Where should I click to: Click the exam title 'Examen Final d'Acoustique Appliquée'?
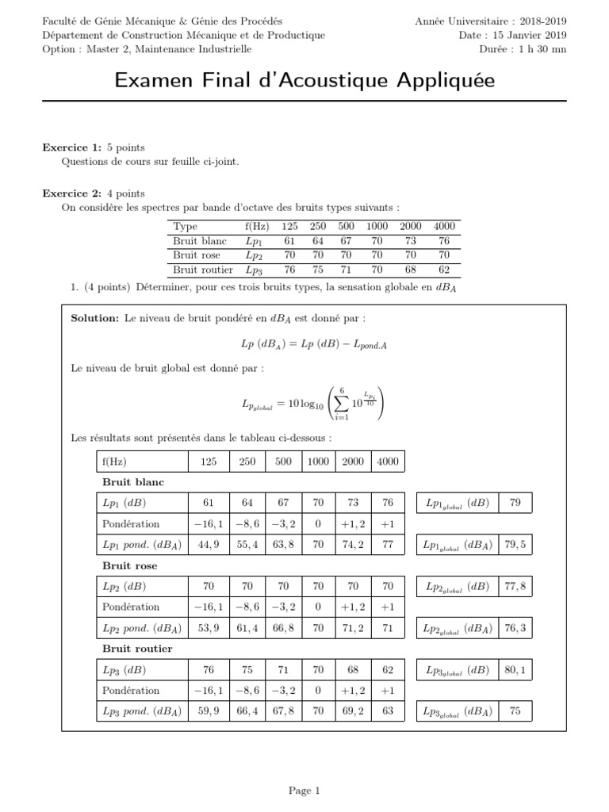tap(304, 81)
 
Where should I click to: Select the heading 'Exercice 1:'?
tap(72, 147)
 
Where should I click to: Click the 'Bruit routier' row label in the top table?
tap(203, 270)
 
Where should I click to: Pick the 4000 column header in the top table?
tap(444, 226)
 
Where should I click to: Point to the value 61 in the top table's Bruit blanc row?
tap(289, 241)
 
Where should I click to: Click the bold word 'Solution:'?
tap(94, 318)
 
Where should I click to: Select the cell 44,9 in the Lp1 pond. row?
tap(209, 545)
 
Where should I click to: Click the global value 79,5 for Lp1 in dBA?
tap(515, 545)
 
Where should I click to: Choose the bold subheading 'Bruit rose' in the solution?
tap(130, 566)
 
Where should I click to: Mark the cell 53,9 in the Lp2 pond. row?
tap(209, 628)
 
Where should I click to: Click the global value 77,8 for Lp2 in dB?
tap(515, 587)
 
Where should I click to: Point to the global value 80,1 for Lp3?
tap(515, 670)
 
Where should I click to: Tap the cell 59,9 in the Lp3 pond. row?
tap(209, 711)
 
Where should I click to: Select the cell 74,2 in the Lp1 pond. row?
tap(353, 545)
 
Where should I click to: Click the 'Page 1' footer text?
tap(304, 790)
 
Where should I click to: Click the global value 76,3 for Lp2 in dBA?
tap(515, 628)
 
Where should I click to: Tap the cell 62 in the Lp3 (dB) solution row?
tap(389, 670)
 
